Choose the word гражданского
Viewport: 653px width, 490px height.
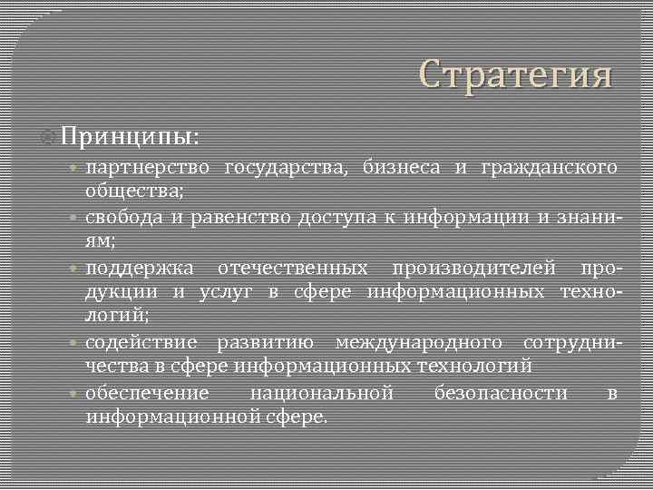point(551,168)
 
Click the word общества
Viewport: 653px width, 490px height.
point(134,191)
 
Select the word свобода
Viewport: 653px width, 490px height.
point(124,218)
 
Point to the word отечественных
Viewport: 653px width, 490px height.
point(292,269)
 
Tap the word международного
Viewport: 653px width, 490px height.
point(419,343)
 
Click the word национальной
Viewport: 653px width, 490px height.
point(321,393)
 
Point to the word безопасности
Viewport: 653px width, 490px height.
point(501,393)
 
